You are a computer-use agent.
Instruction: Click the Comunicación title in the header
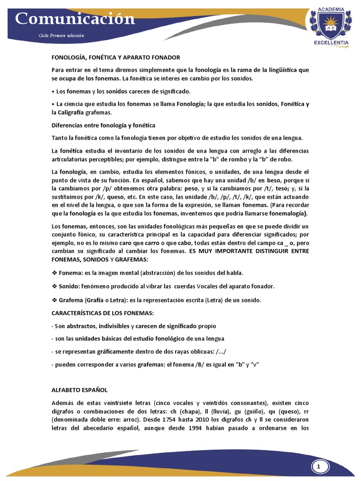(75, 19)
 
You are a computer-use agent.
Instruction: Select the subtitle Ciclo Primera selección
(62, 36)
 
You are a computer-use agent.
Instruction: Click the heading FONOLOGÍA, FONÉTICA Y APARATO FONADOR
(116, 57)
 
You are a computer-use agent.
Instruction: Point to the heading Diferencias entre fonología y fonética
(103, 125)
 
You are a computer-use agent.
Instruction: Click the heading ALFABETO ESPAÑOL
(79, 390)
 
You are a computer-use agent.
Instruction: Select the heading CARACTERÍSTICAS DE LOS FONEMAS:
(102, 313)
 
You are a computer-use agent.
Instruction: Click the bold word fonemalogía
(286, 213)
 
